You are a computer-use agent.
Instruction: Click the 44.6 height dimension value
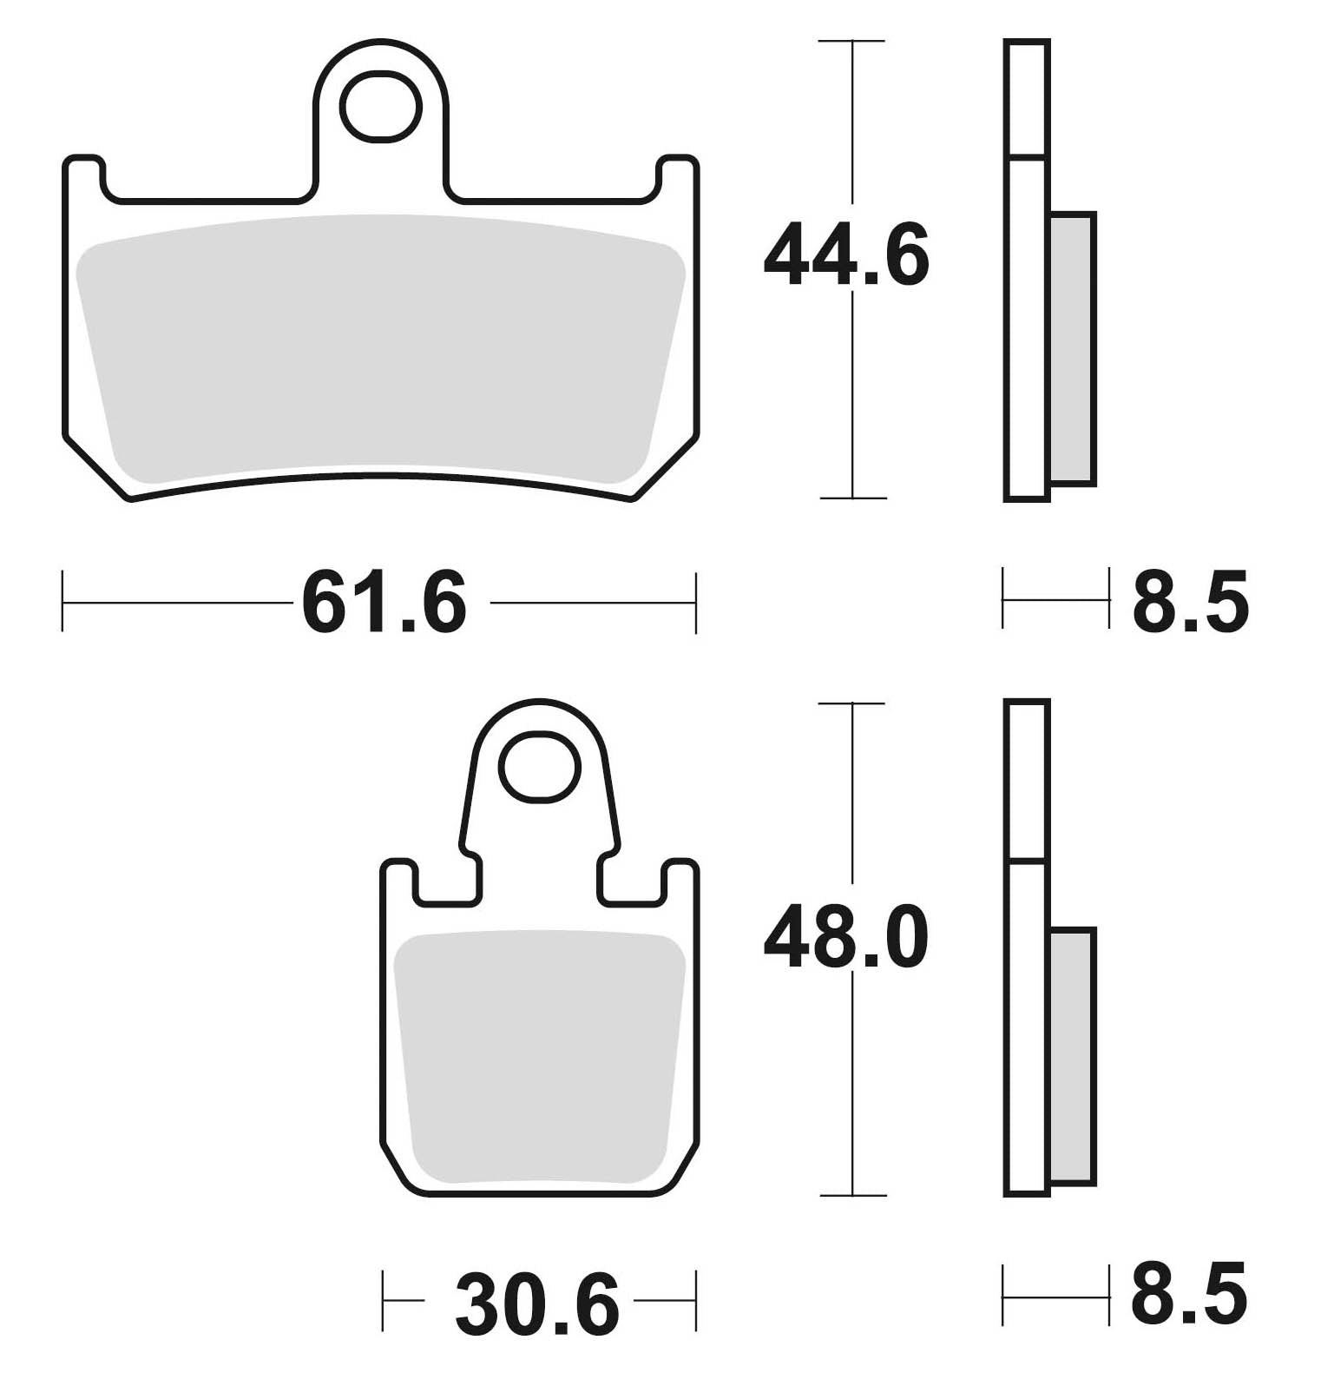tap(845, 256)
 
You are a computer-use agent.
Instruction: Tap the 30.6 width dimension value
tap(537, 1305)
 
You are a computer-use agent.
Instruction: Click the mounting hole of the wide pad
tap(380, 107)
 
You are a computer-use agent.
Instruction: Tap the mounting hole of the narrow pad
tap(540, 765)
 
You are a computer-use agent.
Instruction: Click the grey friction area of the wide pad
tap(380, 347)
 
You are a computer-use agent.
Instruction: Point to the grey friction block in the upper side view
tap(1073, 347)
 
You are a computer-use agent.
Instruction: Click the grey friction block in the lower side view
tap(1073, 1055)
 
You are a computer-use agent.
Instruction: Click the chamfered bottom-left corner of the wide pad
tap(95, 469)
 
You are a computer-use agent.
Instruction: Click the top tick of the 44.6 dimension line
tap(852, 41)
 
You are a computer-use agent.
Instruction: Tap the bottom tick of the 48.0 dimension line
tap(853, 1196)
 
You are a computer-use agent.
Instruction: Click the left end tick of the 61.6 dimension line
tap(63, 601)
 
